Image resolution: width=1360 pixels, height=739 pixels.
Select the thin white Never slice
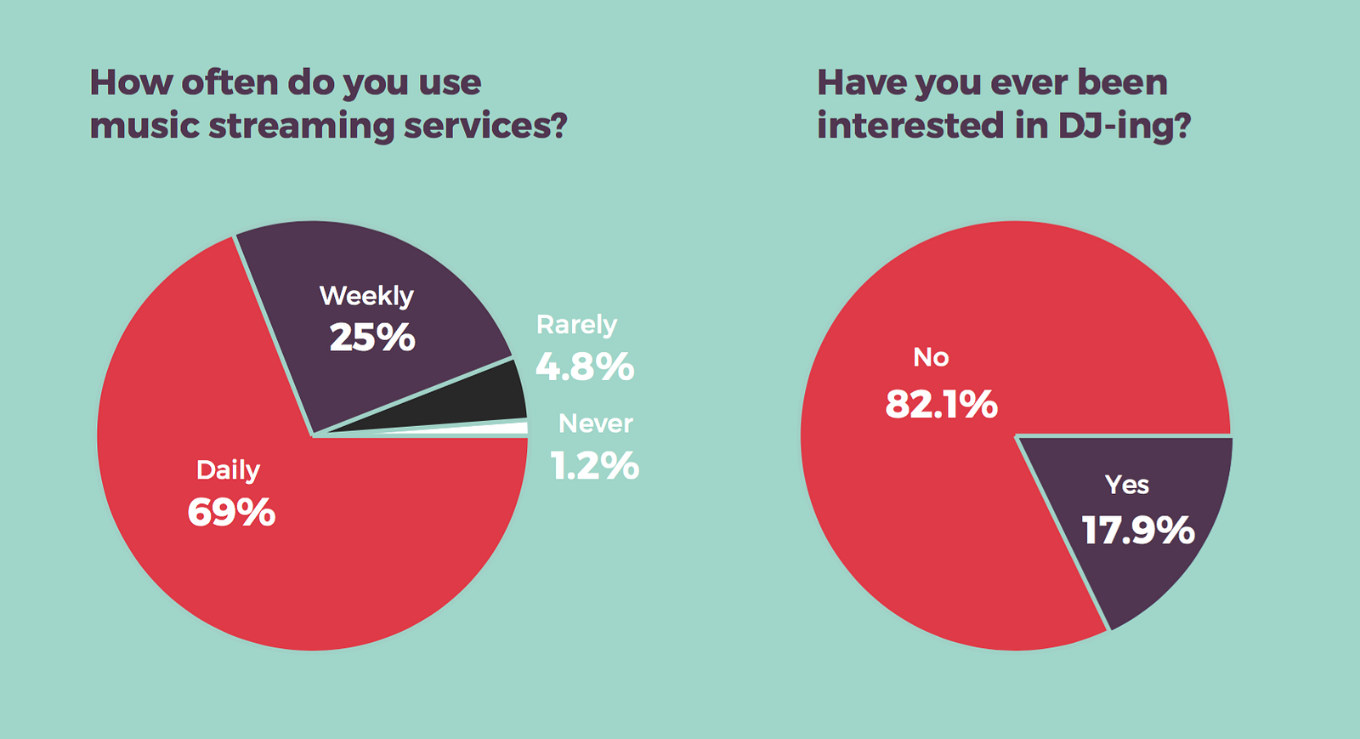[501, 429]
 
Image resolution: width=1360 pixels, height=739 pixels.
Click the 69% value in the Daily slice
[231, 513]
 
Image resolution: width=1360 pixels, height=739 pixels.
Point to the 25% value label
[372, 338]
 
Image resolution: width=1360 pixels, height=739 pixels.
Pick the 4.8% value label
[585, 367]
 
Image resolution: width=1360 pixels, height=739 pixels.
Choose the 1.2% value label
[594, 466]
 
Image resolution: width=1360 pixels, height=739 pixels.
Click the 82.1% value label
[941, 404]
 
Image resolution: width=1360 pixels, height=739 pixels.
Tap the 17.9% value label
[1138, 531]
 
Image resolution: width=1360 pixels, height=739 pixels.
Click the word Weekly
[366, 296]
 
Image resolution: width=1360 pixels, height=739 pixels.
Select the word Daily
[228, 470]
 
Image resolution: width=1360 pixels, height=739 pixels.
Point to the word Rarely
[576, 325]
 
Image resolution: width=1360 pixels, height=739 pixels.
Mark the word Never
[595, 424]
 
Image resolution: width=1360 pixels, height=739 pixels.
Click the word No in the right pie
[931, 357]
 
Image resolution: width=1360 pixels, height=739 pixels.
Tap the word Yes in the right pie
[1127, 485]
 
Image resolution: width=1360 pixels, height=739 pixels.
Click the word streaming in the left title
[302, 126]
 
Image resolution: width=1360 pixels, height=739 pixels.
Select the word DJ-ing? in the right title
[1124, 126]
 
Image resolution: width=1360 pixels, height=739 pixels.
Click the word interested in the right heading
[910, 126]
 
